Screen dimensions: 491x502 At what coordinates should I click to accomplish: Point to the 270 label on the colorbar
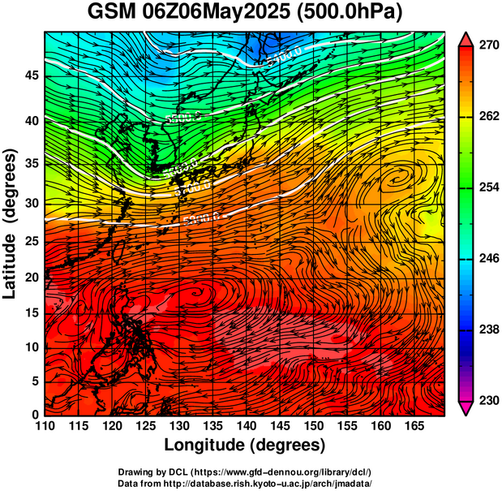(487, 46)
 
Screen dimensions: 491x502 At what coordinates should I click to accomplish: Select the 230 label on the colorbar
(487, 401)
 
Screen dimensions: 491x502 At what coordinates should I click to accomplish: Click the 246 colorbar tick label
(487, 259)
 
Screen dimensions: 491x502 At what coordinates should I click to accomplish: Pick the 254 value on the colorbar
(487, 188)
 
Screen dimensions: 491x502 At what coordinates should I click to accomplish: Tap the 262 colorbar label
(487, 117)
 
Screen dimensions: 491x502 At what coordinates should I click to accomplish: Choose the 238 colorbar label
(487, 330)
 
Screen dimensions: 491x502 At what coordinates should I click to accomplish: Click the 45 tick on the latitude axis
(32, 75)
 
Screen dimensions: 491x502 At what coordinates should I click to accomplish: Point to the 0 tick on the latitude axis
(36, 415)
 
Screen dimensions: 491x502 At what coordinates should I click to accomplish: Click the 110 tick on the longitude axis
(45, 427)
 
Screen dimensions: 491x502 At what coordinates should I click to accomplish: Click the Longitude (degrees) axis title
(245, 445)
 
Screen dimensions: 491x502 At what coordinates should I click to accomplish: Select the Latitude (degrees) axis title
(12, 223)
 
